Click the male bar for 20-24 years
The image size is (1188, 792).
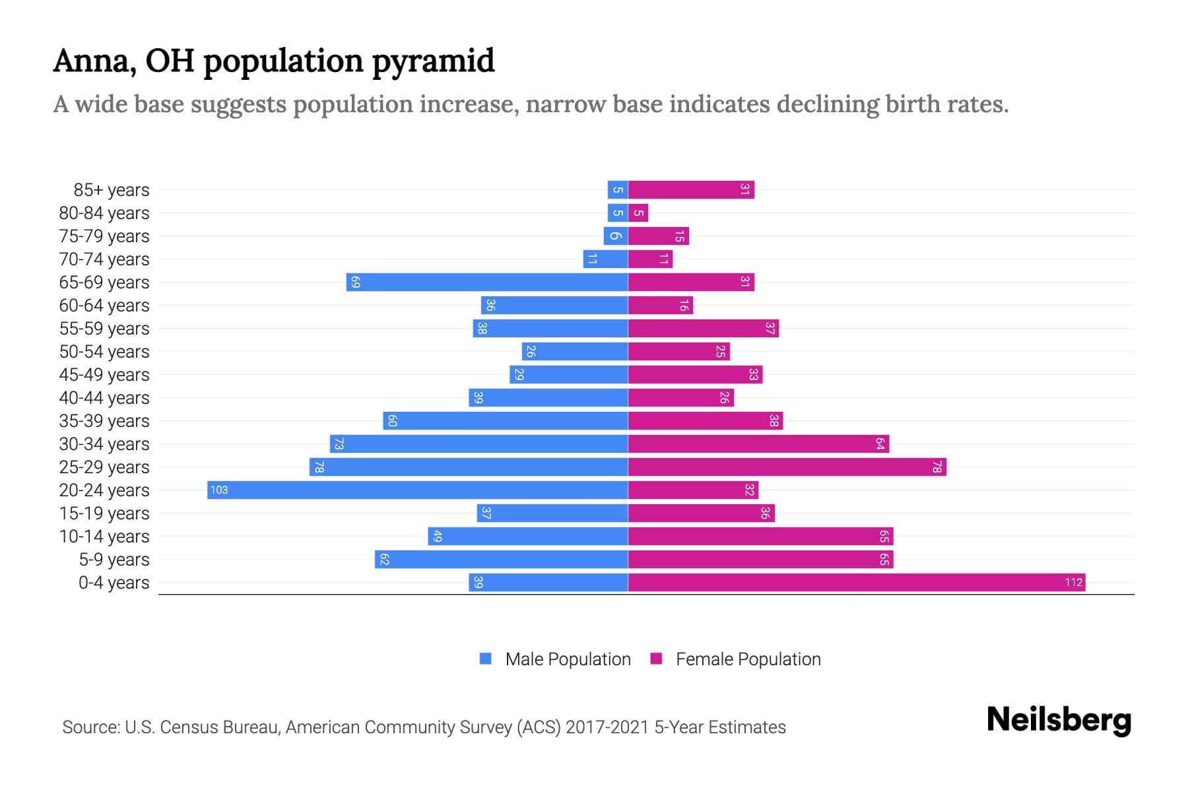417,490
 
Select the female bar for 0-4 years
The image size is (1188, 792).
856,582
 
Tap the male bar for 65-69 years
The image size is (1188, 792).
486,282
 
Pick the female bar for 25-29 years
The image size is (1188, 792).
787,467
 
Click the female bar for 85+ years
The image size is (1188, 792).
690,189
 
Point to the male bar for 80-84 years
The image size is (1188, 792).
617,213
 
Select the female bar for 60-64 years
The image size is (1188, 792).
660,305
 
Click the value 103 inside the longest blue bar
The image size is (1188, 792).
219,490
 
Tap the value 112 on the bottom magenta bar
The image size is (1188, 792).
1073,582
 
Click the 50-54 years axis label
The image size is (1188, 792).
104,351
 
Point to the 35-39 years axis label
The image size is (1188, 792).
104,420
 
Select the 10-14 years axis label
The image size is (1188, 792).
104,536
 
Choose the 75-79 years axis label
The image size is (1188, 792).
104,236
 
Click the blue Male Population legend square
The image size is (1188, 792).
486,659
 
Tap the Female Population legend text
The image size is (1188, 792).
748,659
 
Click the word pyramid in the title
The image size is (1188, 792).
432,61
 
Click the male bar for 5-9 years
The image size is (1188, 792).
501,559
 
